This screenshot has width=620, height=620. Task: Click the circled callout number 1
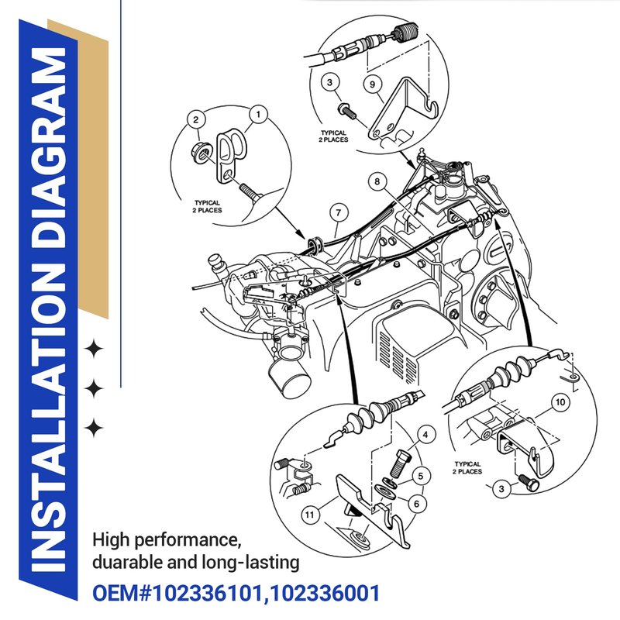(259, 114)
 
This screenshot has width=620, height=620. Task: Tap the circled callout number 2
(196, 119)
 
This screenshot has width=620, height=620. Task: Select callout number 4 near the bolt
(425, 435)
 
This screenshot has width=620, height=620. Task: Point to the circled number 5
(421, 476)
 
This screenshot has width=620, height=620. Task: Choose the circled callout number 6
(416, 504)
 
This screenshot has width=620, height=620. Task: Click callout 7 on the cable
(339, 213)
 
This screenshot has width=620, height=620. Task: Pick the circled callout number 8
(377, 181)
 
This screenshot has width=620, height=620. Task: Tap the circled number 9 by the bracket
(373, 84)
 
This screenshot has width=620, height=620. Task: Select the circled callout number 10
(560, 402)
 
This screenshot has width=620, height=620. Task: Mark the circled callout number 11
(310, 515)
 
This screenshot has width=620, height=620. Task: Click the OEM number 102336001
(325, 594)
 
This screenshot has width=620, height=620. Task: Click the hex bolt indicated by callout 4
(400, 463)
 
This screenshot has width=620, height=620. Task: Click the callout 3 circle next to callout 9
(330, 83)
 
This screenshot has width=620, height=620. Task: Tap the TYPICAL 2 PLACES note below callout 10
(467, 468)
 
